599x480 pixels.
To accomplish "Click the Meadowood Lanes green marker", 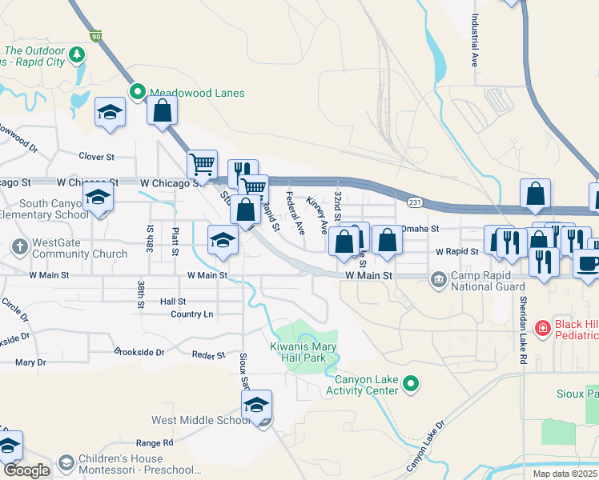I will tap(138, 93).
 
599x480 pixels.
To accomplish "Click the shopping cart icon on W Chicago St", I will tap(202, 163).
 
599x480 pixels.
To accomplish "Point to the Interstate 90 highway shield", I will tap(97, 37).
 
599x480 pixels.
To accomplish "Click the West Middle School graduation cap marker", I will tap(256, 406).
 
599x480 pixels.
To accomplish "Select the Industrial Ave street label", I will tap(474, 40).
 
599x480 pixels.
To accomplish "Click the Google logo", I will tap(26, 470).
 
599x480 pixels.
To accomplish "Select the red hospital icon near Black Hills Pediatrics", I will tap(542, 326).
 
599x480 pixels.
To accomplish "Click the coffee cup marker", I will tap(587, 263).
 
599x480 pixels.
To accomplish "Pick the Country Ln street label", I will tap(192, 314).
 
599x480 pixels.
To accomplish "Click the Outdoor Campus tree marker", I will tap(77, 54).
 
